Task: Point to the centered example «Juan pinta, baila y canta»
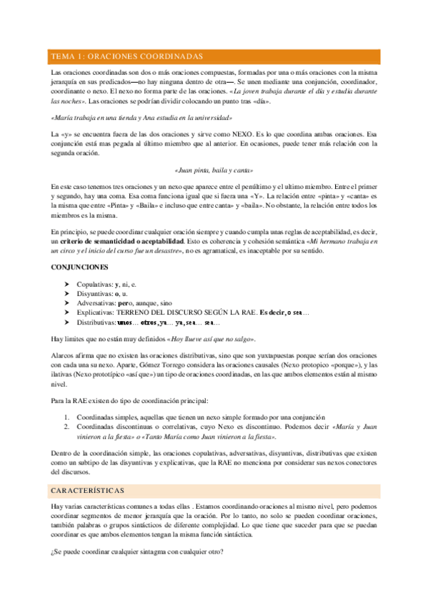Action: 214,171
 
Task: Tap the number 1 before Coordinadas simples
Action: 66,417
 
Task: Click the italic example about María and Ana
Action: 141,118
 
